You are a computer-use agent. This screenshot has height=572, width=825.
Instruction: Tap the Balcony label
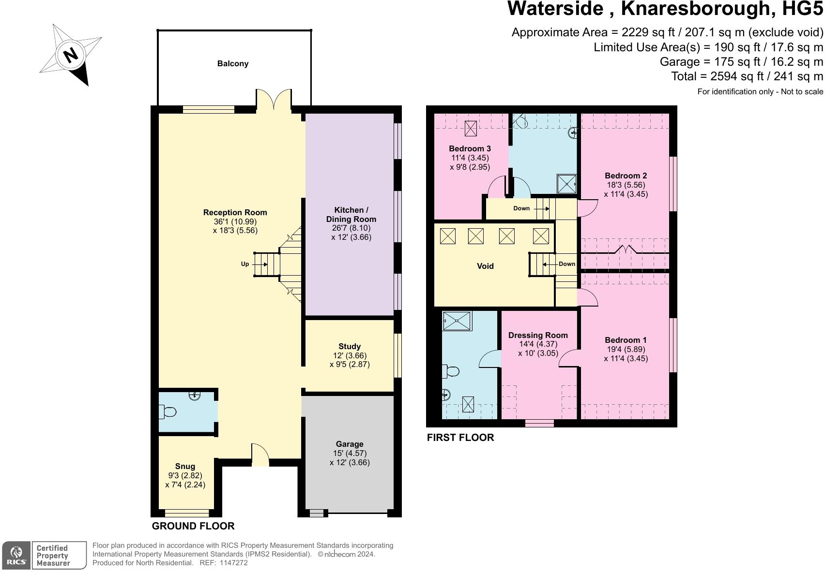[x=233, y=63]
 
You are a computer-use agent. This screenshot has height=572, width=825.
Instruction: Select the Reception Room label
[x=235, y=212]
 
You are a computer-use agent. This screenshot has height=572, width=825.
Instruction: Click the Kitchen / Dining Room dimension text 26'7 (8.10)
[x=351, y=228]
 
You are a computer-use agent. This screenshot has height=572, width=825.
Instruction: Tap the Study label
[x=350, y=346]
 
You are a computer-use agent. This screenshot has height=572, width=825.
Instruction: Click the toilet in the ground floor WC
[x=168, y=412]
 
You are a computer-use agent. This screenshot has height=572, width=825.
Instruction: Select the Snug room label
[x=185, y=466]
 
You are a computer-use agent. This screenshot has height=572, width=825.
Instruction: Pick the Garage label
[x=350, y=444]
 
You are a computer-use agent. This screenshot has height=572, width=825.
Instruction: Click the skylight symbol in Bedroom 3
[x=471, y=128]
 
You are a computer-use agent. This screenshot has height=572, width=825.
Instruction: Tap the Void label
[x=485, y=266]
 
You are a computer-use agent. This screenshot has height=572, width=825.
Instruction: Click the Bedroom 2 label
[x=626, y=176]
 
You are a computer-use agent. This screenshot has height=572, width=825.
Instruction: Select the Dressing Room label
[x=538, y=335]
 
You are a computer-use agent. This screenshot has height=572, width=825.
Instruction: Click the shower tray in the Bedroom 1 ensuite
[x=457, y=321]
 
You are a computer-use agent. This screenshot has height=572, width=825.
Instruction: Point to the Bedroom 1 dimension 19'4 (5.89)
[x=626, y=349]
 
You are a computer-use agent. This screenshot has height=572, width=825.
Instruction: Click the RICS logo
[x=17, y=556]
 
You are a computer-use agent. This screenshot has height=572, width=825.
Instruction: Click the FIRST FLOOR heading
[x=460, y=438]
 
